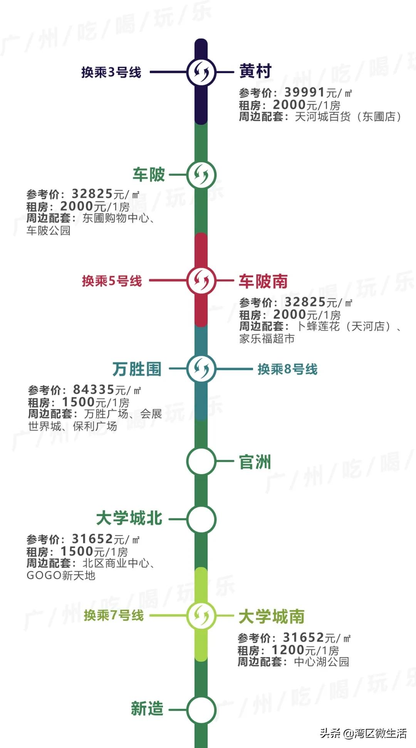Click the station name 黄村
[255, 71]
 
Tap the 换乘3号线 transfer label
[111, 72]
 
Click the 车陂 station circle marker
[201, 174]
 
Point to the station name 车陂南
[263, 281]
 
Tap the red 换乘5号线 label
[112, 281]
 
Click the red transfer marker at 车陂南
[201, 280]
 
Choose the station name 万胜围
[137, 369]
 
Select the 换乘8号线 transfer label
[287, 369]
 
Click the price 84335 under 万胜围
[94, 390]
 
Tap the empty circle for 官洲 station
[201, 461]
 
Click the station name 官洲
[255, 462]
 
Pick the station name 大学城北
[129, 518]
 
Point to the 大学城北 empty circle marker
[201, 519]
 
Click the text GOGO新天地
[61, 575]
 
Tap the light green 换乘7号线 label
[114, 615]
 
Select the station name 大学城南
[271, 616]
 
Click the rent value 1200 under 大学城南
[288, 650]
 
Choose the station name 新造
[147, 709]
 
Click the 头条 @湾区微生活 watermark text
[363, 733]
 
